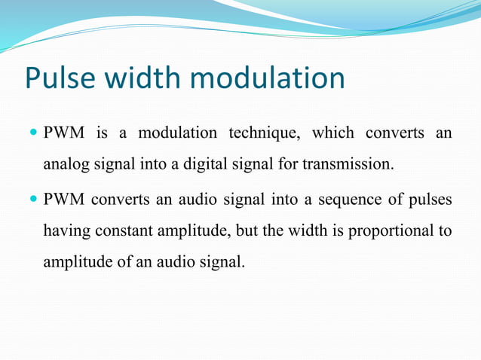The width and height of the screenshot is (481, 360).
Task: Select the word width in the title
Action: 144,79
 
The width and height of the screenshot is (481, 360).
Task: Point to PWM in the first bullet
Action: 64,133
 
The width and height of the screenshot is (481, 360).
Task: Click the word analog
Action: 65,163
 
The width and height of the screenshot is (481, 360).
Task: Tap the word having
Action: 66,231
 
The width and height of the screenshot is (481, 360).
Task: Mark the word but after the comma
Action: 247,231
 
